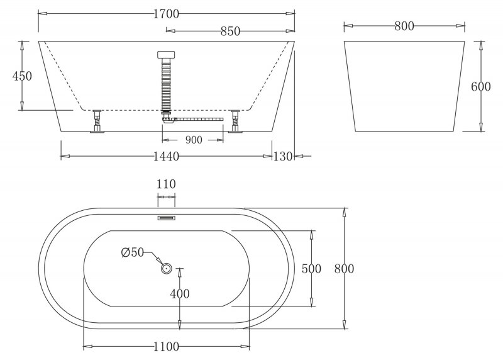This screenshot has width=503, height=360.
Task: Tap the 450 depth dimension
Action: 22,76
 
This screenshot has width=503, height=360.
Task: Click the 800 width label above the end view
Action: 404,26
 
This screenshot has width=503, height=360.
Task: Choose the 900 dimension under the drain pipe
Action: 192,140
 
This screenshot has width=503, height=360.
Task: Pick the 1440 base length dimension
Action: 166,156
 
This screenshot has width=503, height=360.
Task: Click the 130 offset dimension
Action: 283,156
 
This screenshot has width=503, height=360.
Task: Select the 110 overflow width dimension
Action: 166,184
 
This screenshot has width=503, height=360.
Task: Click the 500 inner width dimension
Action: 311,269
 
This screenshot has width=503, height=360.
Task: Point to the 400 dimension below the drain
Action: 180,294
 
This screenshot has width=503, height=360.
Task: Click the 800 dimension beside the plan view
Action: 344,269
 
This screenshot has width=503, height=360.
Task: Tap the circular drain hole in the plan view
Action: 167,269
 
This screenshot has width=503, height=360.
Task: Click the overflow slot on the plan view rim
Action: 167,218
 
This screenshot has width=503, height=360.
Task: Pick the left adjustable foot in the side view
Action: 97,121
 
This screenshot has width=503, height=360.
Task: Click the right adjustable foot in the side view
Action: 236,121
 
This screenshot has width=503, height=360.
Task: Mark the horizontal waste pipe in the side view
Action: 197,118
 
